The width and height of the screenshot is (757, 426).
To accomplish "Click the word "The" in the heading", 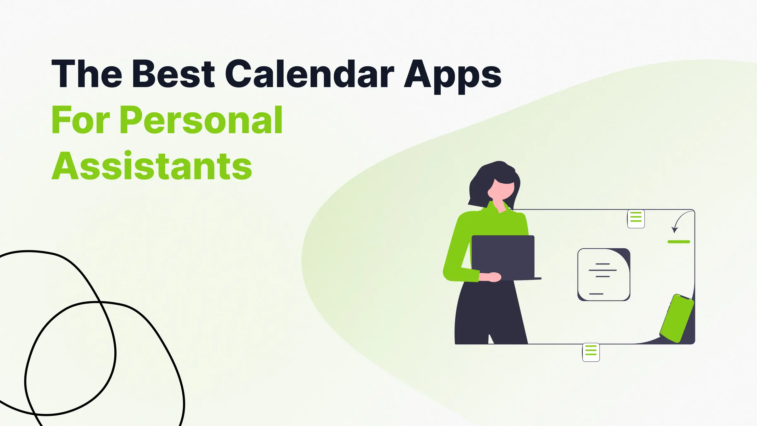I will coord(87,74).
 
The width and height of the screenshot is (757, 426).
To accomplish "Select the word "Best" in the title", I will coord(173,74).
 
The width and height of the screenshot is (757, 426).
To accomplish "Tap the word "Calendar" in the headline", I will coord(309,74).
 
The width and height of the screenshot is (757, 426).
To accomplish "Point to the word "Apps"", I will coord(453,76).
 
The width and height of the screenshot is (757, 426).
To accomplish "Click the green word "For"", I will coord(81,120).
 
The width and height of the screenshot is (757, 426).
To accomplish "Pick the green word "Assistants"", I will coord(152,166).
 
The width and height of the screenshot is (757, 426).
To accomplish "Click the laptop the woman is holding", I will coord(503,256).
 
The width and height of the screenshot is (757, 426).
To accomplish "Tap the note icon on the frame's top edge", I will coord(636,219).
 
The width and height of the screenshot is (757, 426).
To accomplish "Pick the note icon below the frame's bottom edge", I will coord(591,352).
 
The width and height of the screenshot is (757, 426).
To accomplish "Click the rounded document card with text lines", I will coord(604,275).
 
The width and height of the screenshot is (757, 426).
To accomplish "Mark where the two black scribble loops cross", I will coord(100,302).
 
